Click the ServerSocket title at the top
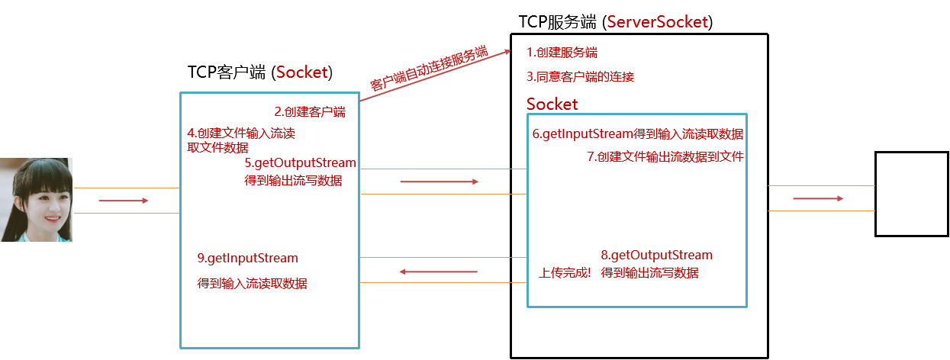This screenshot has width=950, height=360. pos(657,22)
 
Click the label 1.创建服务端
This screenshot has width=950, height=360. pos(562,53)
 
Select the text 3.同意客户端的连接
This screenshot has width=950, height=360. pos(580,77)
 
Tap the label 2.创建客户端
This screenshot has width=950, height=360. pos(310,112)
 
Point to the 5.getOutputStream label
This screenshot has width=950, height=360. pos(300,162)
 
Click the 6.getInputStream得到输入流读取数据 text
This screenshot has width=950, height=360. pos(638,133)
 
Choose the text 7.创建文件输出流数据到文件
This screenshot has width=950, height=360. pos(665,157)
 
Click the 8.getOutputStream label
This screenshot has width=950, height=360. pos(656,255)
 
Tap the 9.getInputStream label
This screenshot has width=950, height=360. pos(247,258)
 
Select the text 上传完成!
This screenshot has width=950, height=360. pos(565,273)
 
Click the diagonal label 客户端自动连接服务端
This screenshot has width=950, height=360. pos(428,69)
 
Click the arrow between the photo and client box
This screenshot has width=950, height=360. pos(123,201)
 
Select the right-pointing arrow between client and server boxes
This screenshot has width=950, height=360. pos(439,182)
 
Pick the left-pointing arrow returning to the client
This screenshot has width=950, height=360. pos(439,272)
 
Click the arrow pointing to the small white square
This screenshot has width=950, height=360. pos(818,198)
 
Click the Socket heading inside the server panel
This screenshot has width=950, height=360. pos(552,104)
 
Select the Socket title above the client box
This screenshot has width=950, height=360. pos(302,72)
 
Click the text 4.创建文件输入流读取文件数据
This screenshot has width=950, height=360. pos(241,140)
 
